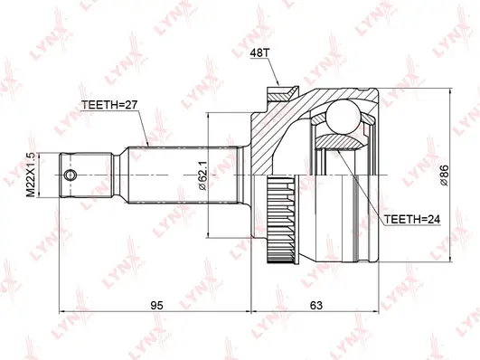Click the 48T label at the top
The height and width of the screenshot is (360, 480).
click(x=259, y=54)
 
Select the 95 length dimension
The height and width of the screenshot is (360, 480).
click(x=156, y=306)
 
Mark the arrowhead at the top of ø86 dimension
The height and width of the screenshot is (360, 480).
click(x=449, y=93)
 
